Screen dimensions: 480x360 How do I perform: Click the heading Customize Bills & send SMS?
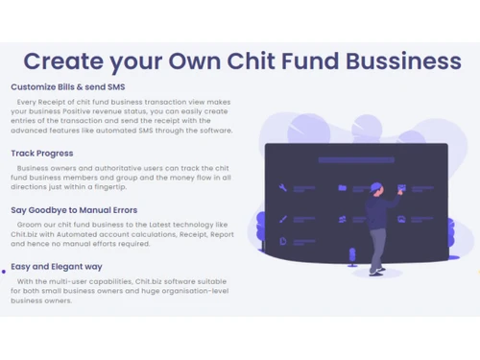67,87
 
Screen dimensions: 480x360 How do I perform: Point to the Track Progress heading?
41,153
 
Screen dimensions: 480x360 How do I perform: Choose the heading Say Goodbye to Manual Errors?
74,209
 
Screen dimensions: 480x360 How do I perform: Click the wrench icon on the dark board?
282,188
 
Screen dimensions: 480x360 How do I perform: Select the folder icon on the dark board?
343,188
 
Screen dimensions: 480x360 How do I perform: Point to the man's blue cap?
376,186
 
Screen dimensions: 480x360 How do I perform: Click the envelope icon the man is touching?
401,188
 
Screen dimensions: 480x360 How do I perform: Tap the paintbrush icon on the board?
282,219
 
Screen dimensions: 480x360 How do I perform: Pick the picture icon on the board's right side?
401,219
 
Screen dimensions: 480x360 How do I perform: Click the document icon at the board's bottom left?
282,242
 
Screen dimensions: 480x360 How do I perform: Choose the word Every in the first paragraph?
28,100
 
